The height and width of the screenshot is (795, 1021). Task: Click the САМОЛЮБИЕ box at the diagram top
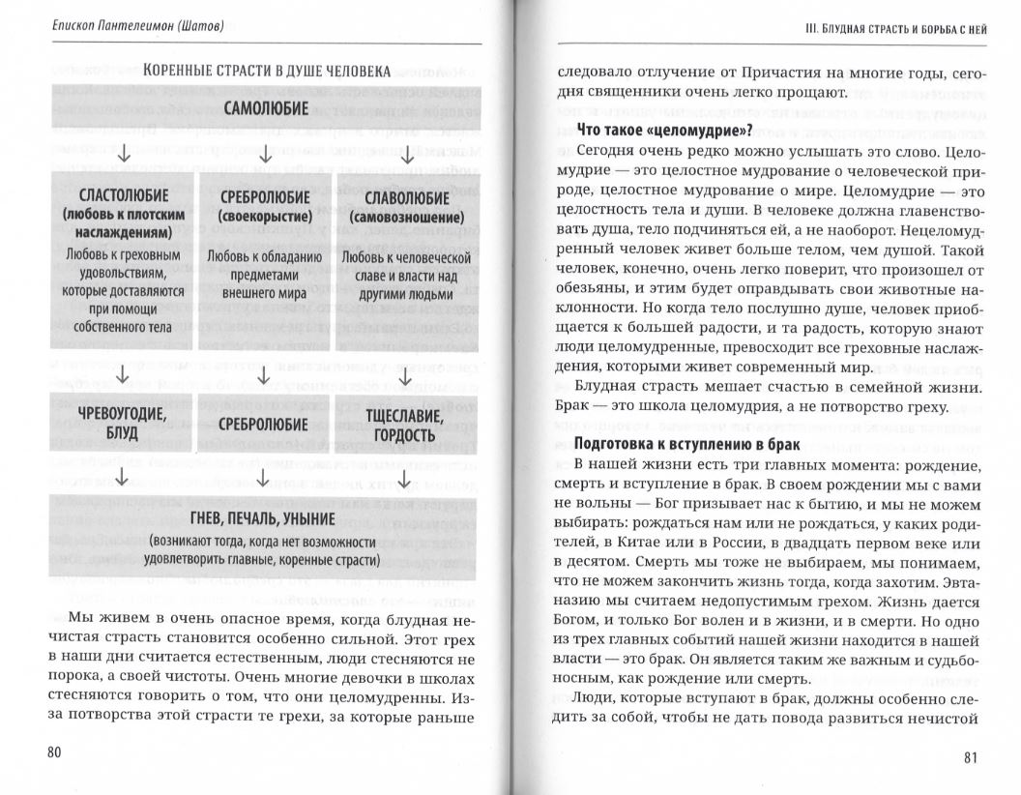click(266, 108)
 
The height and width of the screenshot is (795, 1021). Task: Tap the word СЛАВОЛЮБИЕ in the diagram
click(402, 196)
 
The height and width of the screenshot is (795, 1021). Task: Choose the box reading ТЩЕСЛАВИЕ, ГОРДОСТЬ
click(402, 424)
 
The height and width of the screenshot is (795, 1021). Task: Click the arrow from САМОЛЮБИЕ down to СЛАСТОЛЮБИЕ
click(123, 154)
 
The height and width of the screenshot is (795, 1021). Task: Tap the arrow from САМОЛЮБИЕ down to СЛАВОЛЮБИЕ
click(407, 154)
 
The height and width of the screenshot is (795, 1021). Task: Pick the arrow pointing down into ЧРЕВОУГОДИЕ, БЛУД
click(123, 374)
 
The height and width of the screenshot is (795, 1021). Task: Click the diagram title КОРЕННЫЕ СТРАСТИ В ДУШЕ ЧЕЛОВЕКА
click(266, 71)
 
